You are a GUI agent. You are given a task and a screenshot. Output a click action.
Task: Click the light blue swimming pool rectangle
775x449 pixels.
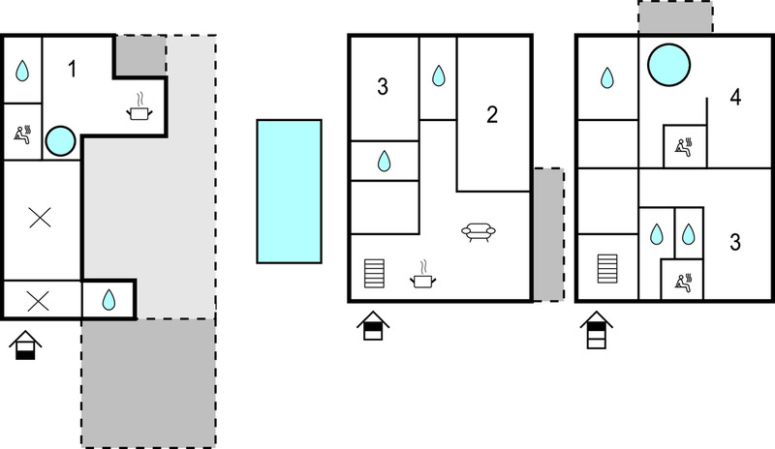point(289,192)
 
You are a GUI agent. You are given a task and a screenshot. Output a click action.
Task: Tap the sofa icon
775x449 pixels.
point(478,231)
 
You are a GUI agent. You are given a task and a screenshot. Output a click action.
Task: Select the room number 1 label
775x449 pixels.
point(72,69)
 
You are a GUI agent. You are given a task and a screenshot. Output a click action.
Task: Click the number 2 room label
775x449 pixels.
point(492,114)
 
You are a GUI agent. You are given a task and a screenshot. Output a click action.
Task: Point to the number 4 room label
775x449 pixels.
point(735,98)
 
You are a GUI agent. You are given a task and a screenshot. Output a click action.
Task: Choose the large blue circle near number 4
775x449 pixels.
point(668,65)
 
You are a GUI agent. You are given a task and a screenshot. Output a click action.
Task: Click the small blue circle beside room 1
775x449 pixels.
point(60,140)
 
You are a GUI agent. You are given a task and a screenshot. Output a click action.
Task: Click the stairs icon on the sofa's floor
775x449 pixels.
point(374,273)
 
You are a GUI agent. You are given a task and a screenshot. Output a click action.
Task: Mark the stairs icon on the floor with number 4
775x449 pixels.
point(607,269)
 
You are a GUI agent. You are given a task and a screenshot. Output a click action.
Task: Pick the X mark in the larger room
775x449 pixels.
point(40,218)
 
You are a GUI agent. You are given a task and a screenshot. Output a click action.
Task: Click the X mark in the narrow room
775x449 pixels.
point(38,301)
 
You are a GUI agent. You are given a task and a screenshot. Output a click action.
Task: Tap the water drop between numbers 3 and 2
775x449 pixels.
point(439,76)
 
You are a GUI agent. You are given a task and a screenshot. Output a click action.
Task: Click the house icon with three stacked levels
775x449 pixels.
point(597,330)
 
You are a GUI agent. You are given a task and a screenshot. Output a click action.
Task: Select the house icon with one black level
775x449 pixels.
point(25,345)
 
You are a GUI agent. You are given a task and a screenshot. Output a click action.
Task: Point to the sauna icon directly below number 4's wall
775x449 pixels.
point(685,147)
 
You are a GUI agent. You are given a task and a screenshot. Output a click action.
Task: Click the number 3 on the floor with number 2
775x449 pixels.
point(383,86)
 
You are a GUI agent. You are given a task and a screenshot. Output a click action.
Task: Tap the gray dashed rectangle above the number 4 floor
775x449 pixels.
point(675,16)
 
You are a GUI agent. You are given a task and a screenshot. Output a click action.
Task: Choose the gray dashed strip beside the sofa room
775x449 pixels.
point(548,234)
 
